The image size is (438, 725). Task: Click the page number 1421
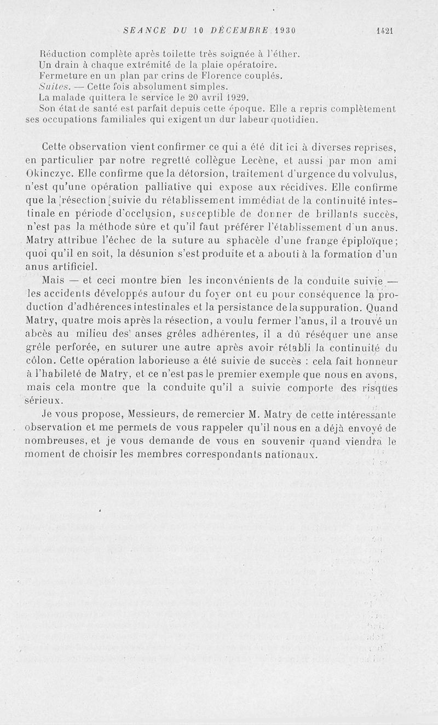pos(385,31)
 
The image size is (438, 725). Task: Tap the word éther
pos(289,54)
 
